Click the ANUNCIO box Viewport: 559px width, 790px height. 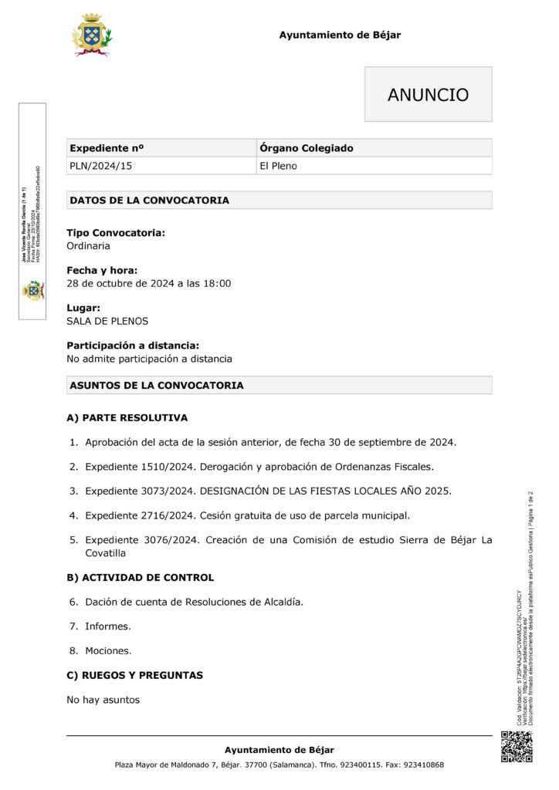[428, 94]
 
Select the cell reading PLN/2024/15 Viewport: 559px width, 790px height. [95, 166]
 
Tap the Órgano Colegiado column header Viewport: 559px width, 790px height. [307, 148]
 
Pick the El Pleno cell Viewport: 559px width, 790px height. [278, 166]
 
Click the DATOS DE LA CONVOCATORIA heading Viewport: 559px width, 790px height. [149, 201]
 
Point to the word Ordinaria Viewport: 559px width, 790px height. [88, 246]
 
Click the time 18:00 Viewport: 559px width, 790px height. [217, 284]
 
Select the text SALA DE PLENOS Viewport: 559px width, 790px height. [107, 321]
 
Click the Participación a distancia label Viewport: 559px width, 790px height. [133, 346]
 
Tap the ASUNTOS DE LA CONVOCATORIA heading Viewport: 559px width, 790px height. [157, 385]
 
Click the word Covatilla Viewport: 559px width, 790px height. [107, 553]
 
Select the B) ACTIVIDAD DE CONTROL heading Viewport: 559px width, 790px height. [141, 577]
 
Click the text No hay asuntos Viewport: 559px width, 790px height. [103, 700]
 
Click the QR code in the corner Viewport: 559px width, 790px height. [517, 746]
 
